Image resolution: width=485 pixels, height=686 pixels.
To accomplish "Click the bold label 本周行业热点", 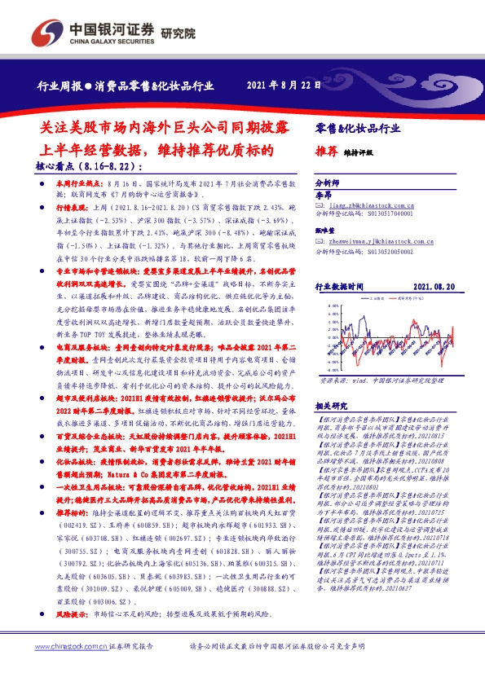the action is point(77,186).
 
